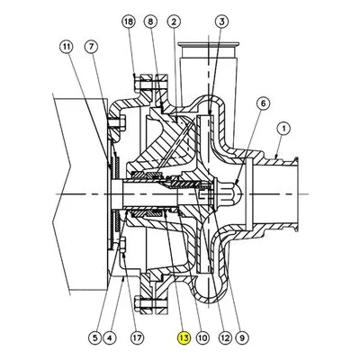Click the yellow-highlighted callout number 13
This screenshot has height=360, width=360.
[184, 338]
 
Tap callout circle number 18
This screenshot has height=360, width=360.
[129, 22]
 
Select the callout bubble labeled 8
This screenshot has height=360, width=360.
[151, 22]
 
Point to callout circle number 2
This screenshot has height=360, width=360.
[174, 22]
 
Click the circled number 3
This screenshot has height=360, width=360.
[222, 22]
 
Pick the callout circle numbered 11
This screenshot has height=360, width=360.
[67, 47]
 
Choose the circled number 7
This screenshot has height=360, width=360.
[91, 47]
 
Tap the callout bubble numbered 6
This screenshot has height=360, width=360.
[263, 103]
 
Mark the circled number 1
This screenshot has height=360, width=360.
[283, 129]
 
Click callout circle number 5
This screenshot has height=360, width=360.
[94, 338]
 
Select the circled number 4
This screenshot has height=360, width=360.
[109, 338]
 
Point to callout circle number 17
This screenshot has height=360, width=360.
[137, 338]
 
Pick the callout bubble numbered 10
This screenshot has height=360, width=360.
[202, 338]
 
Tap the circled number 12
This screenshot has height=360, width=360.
[225, 338]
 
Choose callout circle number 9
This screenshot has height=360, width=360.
[242, 338]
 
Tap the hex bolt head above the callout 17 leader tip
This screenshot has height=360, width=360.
[123, 244]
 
